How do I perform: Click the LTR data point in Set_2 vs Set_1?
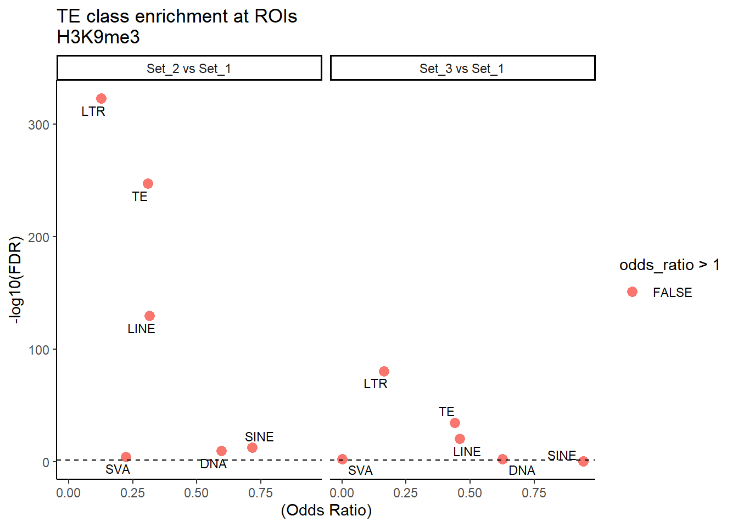coord(101,99)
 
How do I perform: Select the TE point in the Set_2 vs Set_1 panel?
coord(148,183)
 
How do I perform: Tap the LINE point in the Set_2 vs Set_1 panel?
coord(149,316)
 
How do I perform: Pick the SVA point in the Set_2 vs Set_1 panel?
coord(126,457)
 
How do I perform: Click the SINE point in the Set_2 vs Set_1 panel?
coord(252,447)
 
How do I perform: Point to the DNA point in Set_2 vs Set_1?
coord(221,451)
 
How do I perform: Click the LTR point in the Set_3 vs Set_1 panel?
coord(384,371)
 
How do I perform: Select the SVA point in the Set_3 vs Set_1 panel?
coord(342,459)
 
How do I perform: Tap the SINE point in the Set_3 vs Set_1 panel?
coord(583,461)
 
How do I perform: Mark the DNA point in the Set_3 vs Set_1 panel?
coord(502,459)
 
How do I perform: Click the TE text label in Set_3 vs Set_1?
coord(446,412)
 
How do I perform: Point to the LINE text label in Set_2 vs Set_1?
coord(141,329)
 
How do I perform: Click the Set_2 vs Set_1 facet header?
coord(189,68)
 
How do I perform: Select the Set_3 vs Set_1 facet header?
coord(462,68)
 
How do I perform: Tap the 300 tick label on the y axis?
coord(38,125)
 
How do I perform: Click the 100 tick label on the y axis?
coord(38,350)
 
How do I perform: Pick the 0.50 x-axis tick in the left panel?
coord(196,493)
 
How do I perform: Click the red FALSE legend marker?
coord(632,292)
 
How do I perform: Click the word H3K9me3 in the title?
coord(98,37)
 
